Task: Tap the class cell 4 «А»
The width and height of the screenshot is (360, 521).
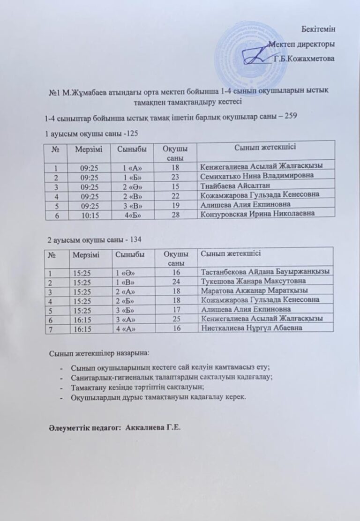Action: pyautogui.click(x=125, y=328)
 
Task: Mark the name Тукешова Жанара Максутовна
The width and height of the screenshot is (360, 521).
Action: pyautogui.click(x=253, y=281)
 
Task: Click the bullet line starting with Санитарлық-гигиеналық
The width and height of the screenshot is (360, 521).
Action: pyautogui.click(x=171, y=377)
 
